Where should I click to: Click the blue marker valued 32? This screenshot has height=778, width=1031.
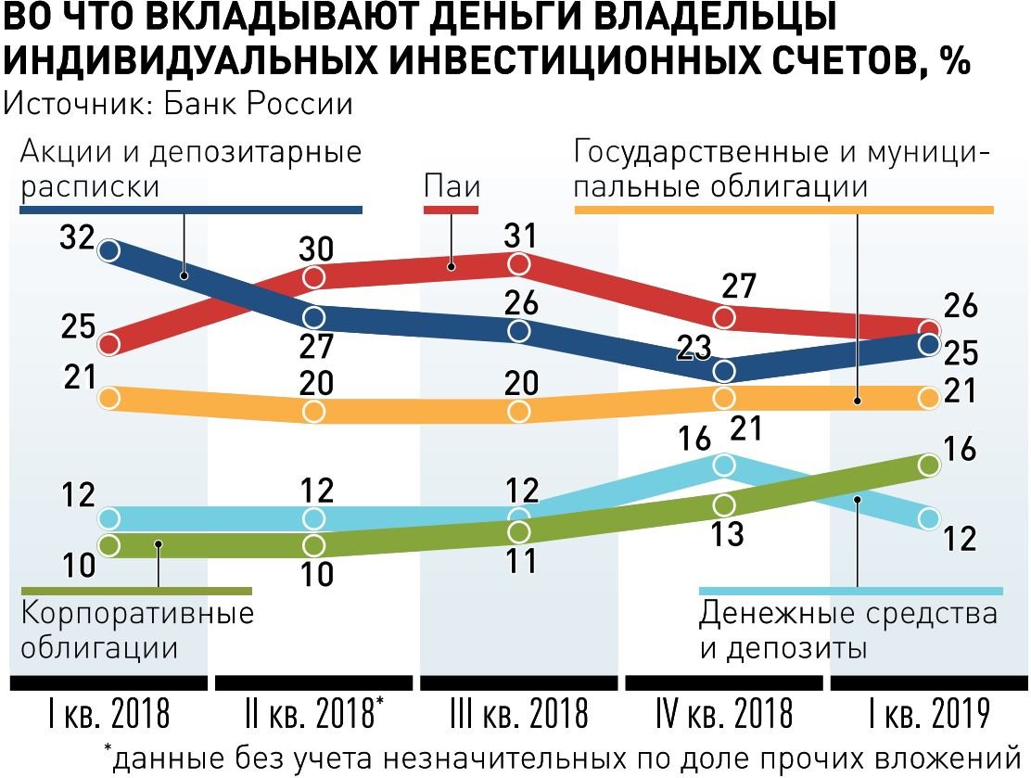click(109, 249)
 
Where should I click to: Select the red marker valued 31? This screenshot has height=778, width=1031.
click(519, 264)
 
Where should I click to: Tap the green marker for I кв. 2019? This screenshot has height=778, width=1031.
click(929, 466)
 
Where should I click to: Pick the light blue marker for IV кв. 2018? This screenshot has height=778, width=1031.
click(724, 464)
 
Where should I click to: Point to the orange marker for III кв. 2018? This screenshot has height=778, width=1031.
click(519, 411)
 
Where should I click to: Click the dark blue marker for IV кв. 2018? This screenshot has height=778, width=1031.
click(724, 371)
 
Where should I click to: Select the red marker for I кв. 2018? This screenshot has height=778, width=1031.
click(109, 344)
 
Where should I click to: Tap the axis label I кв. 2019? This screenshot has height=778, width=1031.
click(929, 715)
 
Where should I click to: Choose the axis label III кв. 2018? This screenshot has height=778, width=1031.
click(519, 715)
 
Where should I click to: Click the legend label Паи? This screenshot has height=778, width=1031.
click(452, 185)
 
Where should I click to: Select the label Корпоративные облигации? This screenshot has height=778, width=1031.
click(136, 630)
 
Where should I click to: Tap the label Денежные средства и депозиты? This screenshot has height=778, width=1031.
click(848, 630)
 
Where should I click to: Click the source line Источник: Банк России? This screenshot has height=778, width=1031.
click(179, 103)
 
